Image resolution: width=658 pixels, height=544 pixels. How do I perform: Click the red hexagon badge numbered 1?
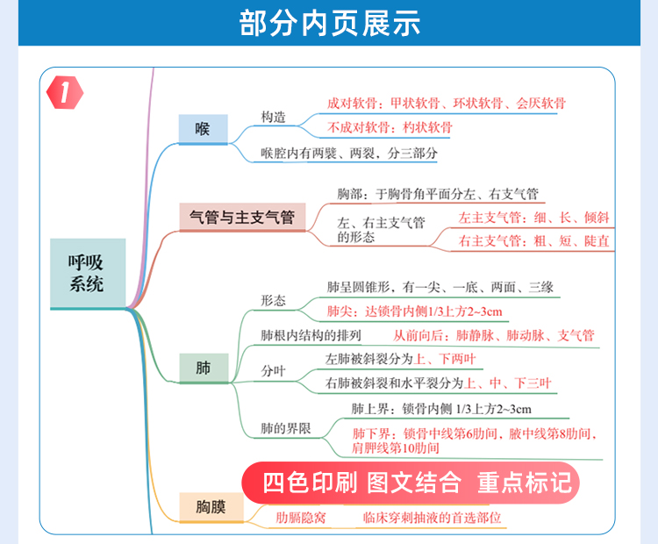[65, 93]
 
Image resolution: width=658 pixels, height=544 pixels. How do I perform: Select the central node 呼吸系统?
[88, 273]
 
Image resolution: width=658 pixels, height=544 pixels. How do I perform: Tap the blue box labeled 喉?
[204, 129]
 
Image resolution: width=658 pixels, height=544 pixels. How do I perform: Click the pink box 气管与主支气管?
[242, 217]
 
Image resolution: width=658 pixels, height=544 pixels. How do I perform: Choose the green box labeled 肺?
[204, 369]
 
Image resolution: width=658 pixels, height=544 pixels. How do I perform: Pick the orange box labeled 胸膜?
[211, 507]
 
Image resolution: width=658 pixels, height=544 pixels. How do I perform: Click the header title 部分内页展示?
[329, 23]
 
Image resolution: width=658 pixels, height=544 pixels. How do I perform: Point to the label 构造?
[273, 117]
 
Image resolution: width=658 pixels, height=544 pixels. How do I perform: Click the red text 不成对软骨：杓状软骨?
[390, 127]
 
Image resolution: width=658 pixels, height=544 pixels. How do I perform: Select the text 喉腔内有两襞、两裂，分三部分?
[349, 153]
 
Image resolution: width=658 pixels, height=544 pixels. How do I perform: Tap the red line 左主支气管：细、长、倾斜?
[533, 218]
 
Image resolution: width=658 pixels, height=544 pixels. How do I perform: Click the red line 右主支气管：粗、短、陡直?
[533, 241]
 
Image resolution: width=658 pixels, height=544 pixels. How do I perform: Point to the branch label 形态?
[273, 301]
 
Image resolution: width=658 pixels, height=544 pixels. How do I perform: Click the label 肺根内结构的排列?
[311, 335]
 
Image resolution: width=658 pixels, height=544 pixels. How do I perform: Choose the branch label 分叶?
[273, 370]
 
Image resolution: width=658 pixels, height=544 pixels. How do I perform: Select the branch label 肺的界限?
[286, 428]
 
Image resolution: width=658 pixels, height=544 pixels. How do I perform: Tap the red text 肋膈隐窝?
[300, 518]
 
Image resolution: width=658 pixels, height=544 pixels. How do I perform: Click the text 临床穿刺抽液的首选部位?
[433, 518]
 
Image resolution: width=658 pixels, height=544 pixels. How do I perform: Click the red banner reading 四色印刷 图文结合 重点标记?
[411, 483]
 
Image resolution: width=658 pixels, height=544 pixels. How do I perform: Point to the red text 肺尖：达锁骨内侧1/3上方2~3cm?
[415, 311]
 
